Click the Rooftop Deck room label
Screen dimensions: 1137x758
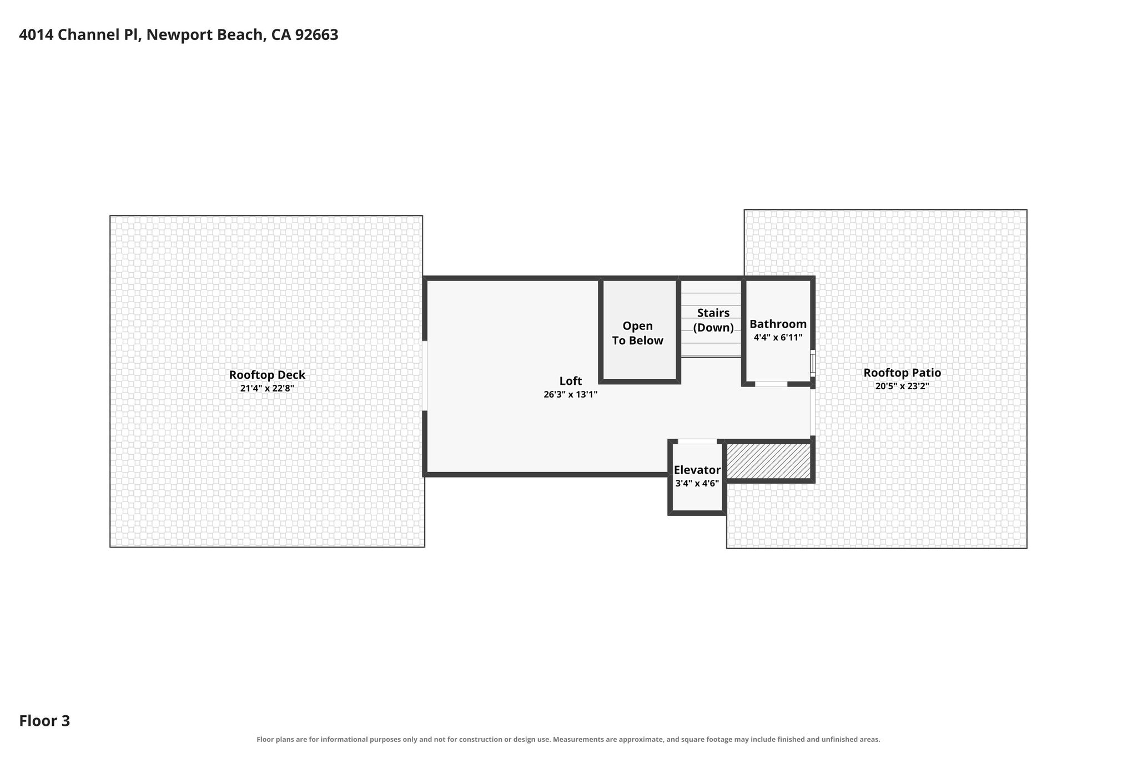267,375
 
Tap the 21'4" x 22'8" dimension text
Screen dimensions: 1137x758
267,388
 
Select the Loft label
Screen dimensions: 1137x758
571,381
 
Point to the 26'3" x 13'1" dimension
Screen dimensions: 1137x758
571,394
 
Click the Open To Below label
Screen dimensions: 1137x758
638,333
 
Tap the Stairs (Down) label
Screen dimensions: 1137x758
713,320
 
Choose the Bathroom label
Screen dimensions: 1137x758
778,324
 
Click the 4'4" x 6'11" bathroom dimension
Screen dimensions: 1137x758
778,337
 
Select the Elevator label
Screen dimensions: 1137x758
697,470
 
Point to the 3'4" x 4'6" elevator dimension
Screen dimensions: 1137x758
697,483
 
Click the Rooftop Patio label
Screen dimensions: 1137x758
902,373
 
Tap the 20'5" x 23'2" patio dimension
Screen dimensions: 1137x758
902,386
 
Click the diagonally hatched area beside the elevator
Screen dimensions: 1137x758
768,460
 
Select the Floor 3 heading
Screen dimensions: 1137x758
44,721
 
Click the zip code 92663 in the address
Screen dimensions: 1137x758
316,35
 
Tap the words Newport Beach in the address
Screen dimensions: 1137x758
205,35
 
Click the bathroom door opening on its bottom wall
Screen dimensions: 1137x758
771,384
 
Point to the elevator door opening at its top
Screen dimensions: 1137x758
697,441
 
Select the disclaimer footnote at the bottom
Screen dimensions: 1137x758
568,739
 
